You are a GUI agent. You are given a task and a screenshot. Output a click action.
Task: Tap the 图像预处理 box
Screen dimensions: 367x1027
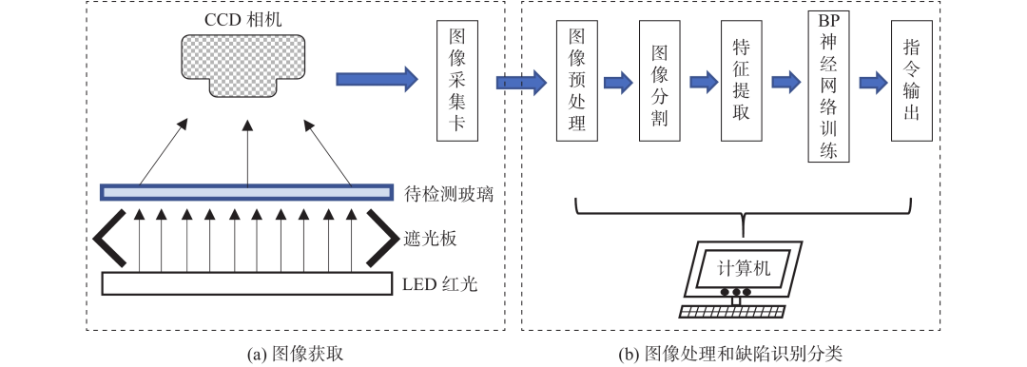point(576,81)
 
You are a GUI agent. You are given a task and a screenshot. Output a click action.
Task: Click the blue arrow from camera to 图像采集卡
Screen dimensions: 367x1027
point(377,79)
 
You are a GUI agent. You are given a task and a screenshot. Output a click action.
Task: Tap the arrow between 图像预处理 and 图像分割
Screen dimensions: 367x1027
point(618,83)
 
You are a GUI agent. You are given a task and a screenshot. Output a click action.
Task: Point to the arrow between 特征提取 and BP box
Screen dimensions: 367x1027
point(783,83)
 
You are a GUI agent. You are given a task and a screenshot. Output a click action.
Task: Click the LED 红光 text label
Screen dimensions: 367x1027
point(438,283)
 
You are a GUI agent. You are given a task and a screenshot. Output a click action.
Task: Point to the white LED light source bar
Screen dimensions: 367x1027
point(246,283)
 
